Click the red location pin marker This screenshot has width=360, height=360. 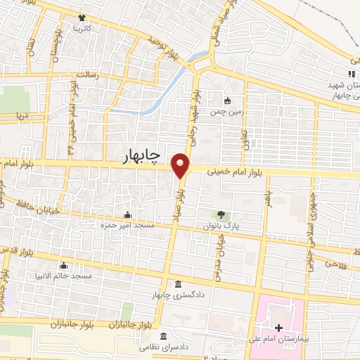(181, 166)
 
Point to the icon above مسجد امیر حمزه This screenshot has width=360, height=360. (127, 214)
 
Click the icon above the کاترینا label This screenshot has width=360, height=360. (83, 18)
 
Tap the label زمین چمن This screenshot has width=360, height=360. (226, 111)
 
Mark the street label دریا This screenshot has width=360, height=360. (22, 115)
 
